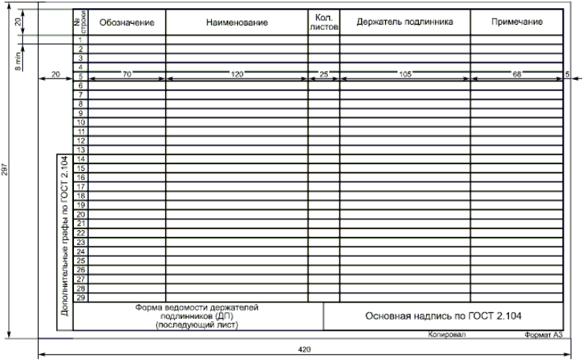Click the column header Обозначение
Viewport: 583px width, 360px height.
tap(126, 23)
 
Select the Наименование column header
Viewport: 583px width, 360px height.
tap(237, 23)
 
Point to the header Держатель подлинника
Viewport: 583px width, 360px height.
tap(405, 23)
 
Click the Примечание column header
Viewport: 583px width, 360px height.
tap(517, 23)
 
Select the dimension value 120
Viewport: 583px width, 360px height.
tap(237, 74)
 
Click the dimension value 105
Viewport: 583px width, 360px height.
tap(405, 74)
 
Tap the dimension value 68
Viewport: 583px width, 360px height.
tap(517, 74)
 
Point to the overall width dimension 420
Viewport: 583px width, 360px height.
tap(304, 349)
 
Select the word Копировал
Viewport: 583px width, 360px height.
tap(446, 335)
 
